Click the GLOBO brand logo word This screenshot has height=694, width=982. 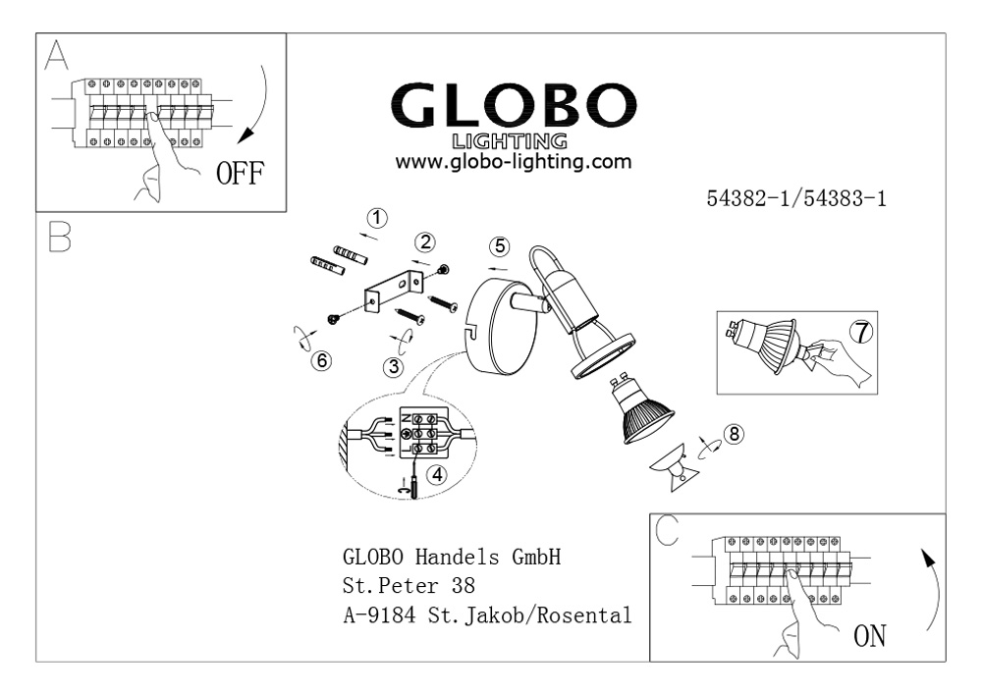click(513, 106)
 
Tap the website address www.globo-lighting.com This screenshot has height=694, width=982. click(513, 161)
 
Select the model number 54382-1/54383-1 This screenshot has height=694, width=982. click(796, 198)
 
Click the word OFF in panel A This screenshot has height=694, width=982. click(240, 174)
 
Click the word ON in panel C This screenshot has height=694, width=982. click(870, 636)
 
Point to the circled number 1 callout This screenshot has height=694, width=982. click(377, 218)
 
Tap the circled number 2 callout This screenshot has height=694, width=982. click(426, 242)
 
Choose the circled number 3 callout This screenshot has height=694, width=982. click(394, 366)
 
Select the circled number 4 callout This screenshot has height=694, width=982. click(437, 475)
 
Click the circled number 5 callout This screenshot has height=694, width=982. click(500, 246)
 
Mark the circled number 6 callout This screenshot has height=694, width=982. click(322, 360)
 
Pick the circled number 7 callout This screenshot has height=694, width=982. click(862, 332)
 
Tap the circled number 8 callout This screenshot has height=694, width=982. click(734, 434)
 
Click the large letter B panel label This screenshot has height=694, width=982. click(60, 238)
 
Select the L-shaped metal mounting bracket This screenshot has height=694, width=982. click(394, 290)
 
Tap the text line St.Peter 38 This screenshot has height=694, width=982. click(409, 586)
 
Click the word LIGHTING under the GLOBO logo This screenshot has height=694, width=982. click(510, 140)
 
